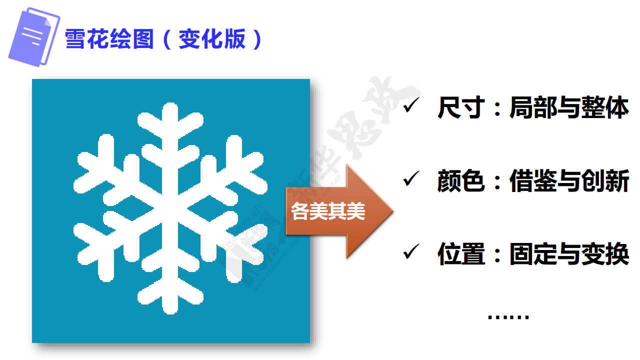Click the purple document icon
click(x=34, y=37)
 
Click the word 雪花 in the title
click(x=86, y=39)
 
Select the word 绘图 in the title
click(x=131, y=39)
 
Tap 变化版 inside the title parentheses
click(x=212, y=39)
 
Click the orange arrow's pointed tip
click(x=393, y=211)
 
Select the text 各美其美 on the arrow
click(x=328, y=211)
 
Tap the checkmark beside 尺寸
click(x=411, y=105)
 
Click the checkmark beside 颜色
click(x=411, y=178)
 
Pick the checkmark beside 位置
click(x=411, y=251)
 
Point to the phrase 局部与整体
click(x=569, y=107)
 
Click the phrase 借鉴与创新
click(x=569, y=180)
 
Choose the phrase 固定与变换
click(x=569, y=253)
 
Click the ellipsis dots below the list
click(x=508, y=316)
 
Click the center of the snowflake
click(x=170, y=208)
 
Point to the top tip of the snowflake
click(x=170, y=103)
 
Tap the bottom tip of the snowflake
click(x=170, y=313)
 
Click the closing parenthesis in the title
click(x=257, y=39)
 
